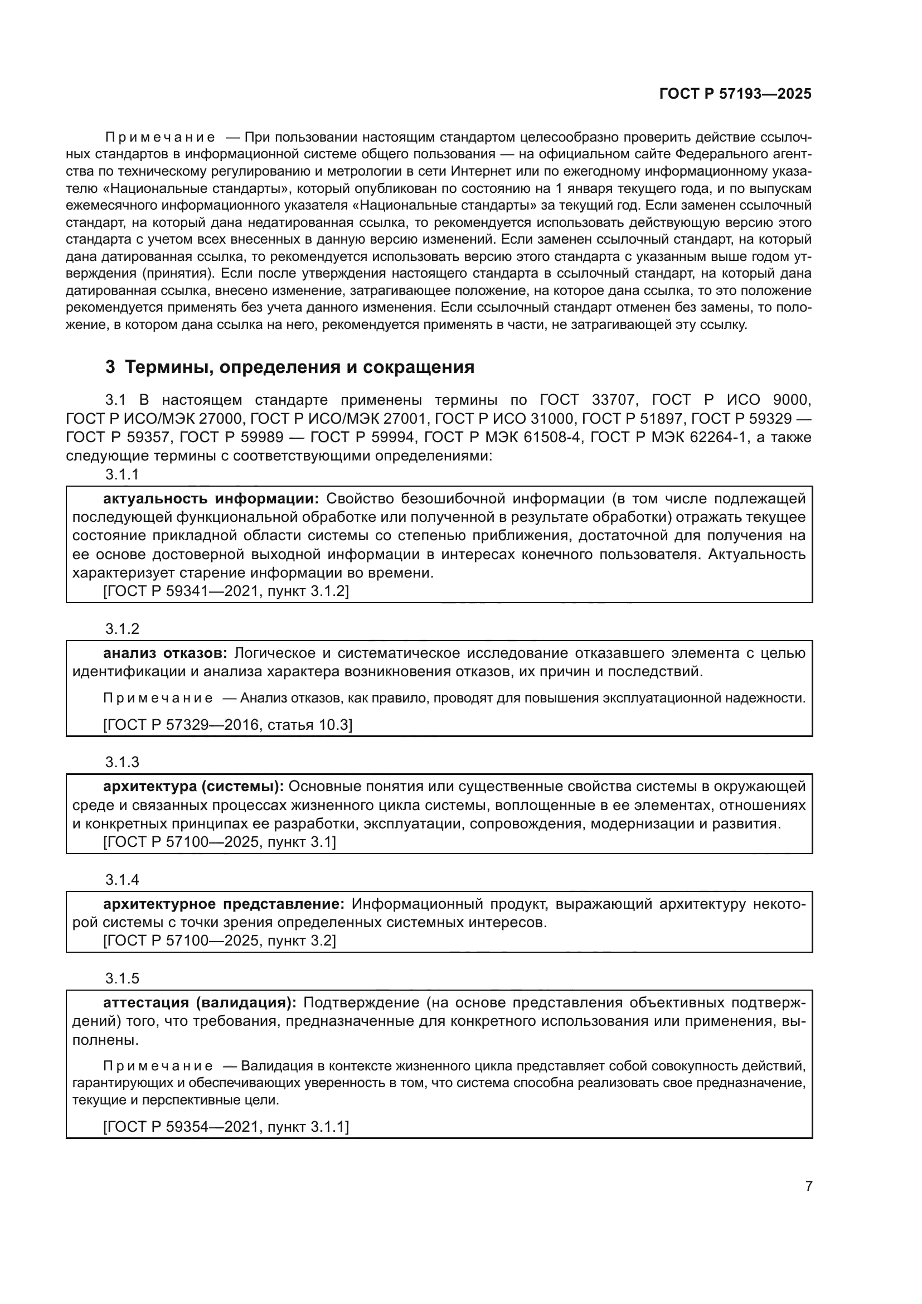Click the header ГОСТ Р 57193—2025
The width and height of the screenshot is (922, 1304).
(x=735, y=94)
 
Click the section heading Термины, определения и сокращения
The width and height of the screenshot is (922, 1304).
(x=299, y=367)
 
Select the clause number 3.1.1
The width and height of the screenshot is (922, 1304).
(x=122, y=475)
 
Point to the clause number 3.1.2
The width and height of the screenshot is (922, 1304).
(x=122, y=629)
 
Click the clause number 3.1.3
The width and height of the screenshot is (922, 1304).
(x=122, y=762)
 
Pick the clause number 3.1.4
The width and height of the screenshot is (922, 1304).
(x=122, y=880)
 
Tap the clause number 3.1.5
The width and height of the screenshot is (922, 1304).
(x=122, y=978)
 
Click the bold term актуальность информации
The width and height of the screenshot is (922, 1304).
(x=211, y=498)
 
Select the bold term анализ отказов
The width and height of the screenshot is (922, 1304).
(x=164, y=653)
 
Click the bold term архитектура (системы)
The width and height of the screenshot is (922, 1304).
(x=193, y=787)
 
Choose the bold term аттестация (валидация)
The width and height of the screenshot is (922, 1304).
(x=199, y=1003)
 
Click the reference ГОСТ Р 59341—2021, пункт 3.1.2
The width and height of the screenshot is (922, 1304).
(x=226, y=591)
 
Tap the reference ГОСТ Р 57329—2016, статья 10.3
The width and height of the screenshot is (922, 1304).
(x=227, y=725)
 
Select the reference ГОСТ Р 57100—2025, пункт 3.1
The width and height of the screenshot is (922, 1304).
(x=220, y=842)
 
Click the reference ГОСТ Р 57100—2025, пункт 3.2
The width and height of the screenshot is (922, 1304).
(x=220, y=941)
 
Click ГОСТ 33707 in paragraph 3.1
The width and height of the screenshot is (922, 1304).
(x=587, y=400)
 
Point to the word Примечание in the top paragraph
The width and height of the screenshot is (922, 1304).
(x=160, y=138)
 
